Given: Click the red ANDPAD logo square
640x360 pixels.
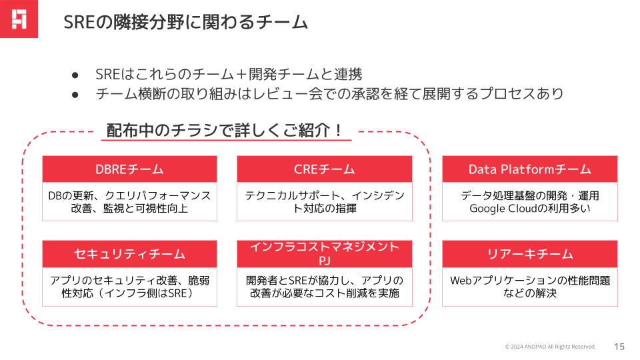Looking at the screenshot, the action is point(19,19).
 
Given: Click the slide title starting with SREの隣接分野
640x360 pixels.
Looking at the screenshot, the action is point(186,22).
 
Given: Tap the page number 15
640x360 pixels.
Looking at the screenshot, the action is point(619,347).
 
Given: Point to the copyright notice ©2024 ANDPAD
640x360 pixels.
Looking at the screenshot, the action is point(550,347).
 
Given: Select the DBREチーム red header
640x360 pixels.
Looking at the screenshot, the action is point(129,169).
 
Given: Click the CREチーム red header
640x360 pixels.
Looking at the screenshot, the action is point(325,169).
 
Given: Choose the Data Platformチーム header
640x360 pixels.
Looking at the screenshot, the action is point(530,169).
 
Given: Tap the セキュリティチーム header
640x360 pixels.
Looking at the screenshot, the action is point(129,254).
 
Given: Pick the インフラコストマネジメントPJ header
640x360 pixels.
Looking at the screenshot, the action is point(325,254).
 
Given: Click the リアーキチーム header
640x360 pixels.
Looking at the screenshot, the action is point(530,254).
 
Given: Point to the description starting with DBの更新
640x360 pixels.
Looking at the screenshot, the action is point(129,201).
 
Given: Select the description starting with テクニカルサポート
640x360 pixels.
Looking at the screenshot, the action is point(325,201).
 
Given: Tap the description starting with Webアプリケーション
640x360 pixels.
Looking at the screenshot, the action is point(530,287).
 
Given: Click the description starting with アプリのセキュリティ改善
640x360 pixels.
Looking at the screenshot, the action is point(129,287).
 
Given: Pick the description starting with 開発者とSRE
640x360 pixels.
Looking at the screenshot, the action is point(325,287).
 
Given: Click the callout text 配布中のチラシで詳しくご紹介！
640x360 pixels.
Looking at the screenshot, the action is point(224,131).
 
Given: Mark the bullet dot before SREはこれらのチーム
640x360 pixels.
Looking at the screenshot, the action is point(75,75).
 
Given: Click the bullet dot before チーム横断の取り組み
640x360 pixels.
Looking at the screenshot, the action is point(75,95).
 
